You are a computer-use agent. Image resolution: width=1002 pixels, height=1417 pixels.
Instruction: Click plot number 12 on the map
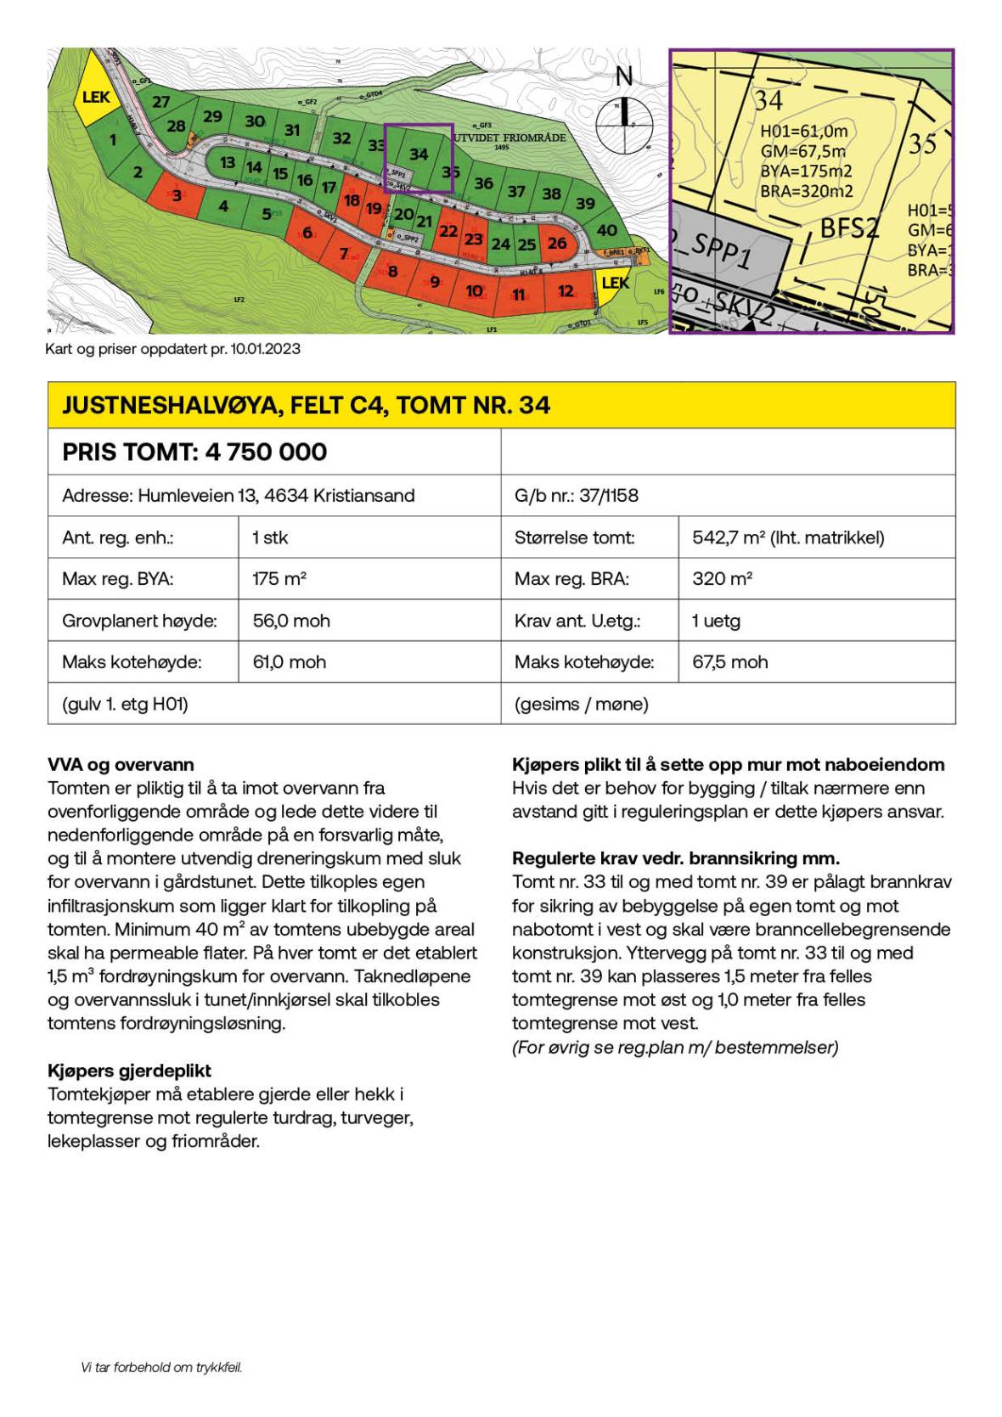[x=566, y=291]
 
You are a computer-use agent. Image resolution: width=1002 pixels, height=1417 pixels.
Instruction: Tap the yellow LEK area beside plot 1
[x=95, y=98]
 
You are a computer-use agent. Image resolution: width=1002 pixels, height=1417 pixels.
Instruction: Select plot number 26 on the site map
[x=557, y=243]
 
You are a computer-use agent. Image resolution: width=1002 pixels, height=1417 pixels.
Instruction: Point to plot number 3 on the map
[x=177, y=196]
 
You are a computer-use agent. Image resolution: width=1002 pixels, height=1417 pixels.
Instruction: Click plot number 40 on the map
[x=606, y=230]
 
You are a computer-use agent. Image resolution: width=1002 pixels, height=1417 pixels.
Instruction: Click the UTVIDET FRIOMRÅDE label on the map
[x=509, y=138]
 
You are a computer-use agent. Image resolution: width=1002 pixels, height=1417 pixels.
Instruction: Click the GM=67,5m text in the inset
[x=802, y=151]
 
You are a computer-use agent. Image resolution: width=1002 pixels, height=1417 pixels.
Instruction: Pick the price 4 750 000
[x=266, y=452]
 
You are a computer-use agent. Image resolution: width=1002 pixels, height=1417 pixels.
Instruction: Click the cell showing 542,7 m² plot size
[x=788, y=537]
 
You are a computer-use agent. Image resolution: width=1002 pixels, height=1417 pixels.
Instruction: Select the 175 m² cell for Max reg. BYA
[x=279, y=579]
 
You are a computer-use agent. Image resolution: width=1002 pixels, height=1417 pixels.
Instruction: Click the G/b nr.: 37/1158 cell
[x=577, y=496]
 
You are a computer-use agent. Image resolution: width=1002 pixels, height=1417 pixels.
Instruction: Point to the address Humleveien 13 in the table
[x=239, y=496]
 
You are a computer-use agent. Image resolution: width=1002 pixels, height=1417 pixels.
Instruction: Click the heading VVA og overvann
[x=121, y=764]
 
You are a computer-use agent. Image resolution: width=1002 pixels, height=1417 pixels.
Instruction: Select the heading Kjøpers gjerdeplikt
[x=129, y=1071]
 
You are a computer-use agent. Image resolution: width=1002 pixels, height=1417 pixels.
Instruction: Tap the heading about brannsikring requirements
[x=675, y=858]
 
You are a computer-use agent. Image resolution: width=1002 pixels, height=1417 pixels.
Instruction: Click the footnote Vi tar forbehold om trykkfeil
[x=161, y=1368]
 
